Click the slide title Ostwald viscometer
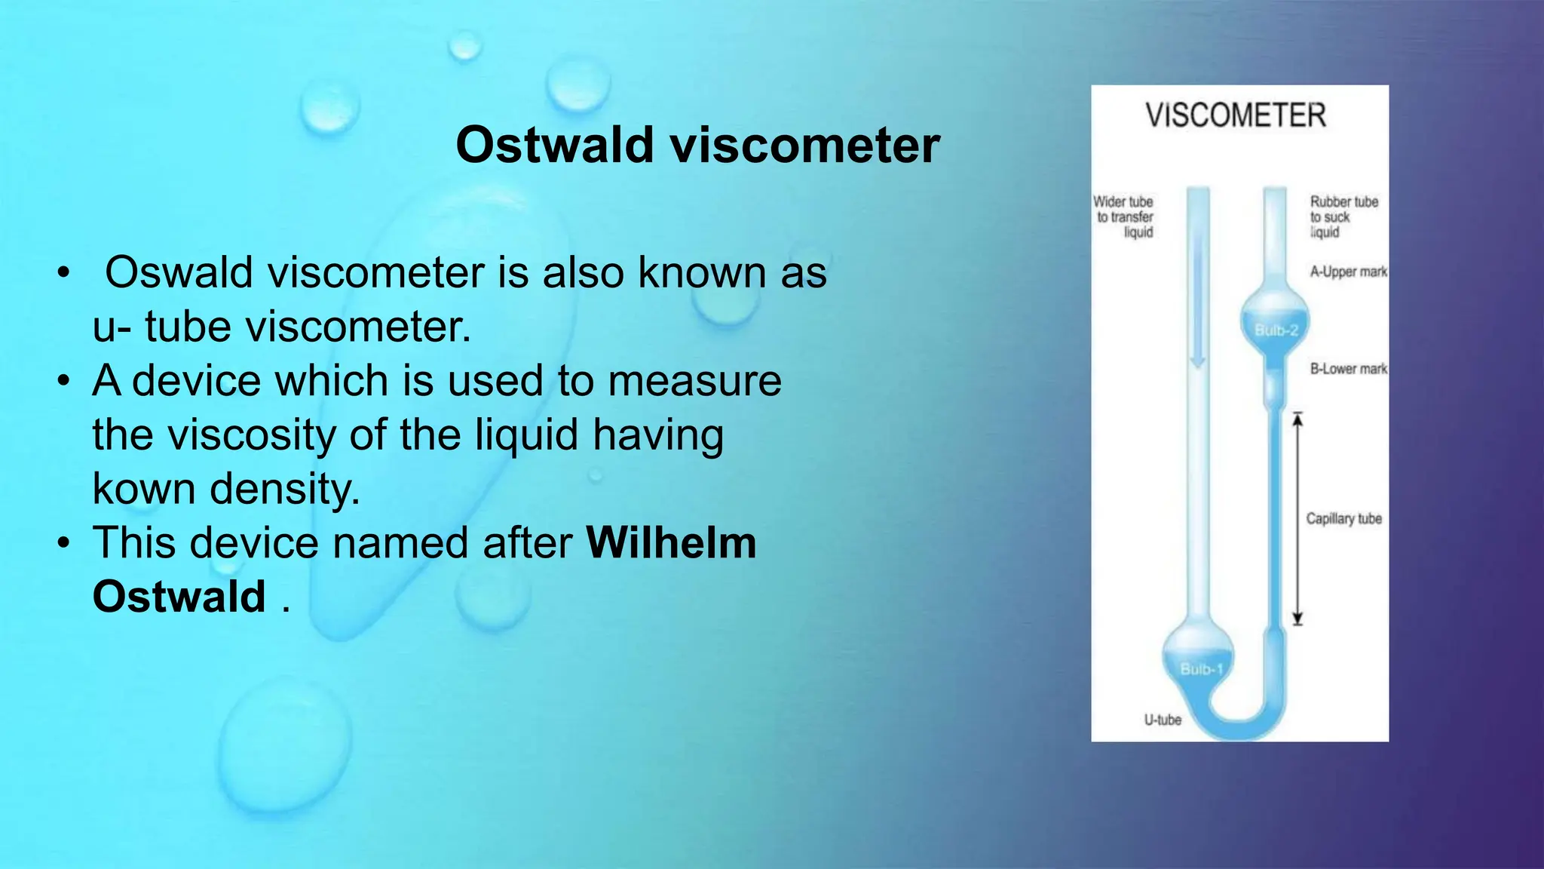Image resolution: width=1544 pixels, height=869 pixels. [697, 145]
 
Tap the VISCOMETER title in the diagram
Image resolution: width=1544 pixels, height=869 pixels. [1235, 115]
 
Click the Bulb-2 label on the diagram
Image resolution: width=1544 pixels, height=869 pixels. [1276, 330]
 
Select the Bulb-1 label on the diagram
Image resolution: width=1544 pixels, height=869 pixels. [1201, 669]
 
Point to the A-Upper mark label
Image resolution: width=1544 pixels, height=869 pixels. [1348, 272]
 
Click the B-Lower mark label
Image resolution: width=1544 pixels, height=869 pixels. [1348, 369]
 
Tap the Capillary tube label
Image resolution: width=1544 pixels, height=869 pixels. [1343, 519]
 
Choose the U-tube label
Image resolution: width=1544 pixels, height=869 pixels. [1163, 720]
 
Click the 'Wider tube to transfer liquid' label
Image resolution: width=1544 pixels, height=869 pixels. [1124, 217]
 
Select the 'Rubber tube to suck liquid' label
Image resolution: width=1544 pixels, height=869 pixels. [1343, 217]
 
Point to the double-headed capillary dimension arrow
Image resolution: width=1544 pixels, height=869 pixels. [1297, 519]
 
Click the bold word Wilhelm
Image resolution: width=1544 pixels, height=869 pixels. [671, 542]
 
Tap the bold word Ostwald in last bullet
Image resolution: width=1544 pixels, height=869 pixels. [179, 597]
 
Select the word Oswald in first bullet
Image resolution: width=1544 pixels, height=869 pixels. [179, 272]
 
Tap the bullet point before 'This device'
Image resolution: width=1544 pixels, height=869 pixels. [64, 543]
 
